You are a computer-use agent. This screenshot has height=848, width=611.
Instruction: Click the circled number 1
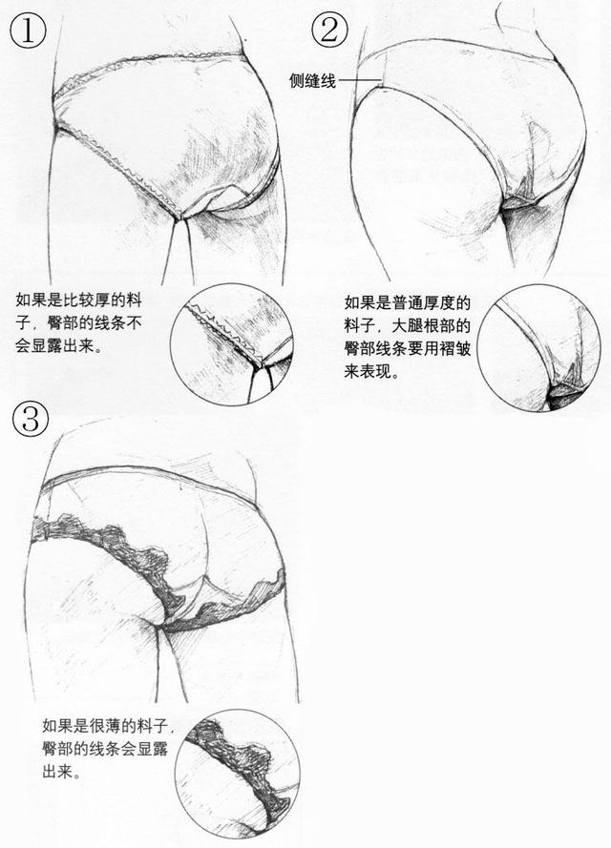28,30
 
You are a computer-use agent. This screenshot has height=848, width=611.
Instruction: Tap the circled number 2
326,30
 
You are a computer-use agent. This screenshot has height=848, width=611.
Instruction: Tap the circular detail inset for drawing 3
238,772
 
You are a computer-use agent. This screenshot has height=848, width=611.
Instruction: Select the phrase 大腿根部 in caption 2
437,325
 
